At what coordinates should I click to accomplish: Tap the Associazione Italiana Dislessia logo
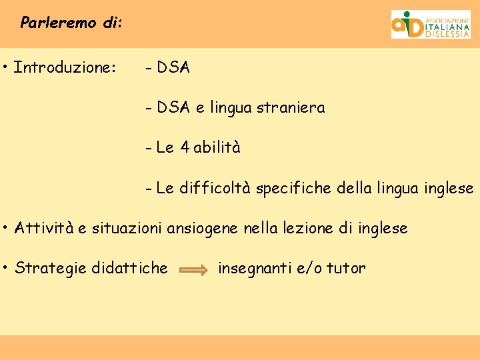point(430,24)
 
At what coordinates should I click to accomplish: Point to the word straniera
point(293,107)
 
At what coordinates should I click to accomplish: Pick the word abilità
point(217,147)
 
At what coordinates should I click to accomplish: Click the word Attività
point(44,228)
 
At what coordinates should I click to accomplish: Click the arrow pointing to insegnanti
point(194,269)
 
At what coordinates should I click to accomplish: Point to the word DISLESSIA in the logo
point(447,34)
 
